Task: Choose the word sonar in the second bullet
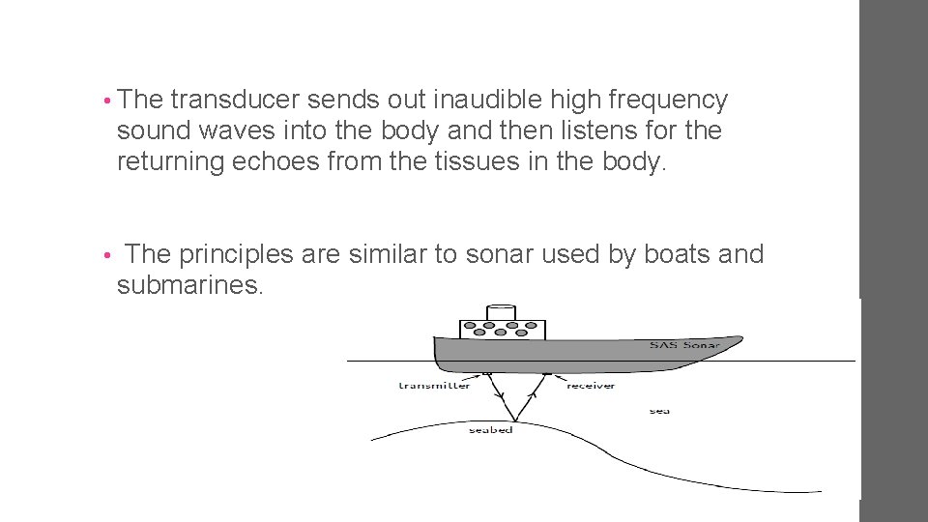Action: tap(500, 254)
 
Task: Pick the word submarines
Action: tap(189, 285)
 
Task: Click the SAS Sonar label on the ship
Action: tap(683, 345)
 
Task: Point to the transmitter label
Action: tap(434, 386)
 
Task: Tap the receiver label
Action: tap(590, 386)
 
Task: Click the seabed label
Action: tap(490, 429)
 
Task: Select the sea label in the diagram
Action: tap(659, 411)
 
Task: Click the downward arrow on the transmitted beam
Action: tap(497, 394)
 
